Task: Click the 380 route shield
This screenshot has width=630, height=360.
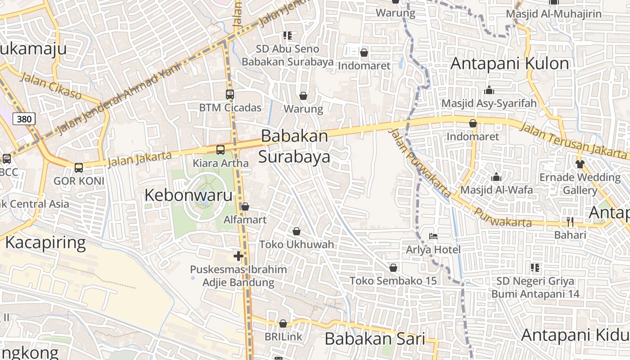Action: (24, 119)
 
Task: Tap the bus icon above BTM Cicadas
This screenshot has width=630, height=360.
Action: (230, 94)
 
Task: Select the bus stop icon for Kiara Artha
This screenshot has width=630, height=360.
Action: (220, 150)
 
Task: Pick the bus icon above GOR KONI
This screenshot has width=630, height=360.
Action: (79, 168)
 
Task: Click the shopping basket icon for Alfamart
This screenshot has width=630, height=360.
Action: (245, 207)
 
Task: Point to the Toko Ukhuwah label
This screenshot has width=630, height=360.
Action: (297, 244)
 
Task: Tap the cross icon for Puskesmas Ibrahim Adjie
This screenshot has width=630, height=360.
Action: (238, 256)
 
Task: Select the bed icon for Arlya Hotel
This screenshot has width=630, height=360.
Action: (433, 236)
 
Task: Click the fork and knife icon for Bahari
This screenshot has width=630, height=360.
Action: (570, 222)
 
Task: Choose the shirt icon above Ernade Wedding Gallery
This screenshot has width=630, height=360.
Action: (580, 164)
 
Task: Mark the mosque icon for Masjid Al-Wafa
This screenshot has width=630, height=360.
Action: (496, 177)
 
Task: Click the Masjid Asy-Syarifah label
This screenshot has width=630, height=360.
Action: (489, 103)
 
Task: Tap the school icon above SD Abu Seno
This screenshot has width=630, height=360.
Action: (288, 36)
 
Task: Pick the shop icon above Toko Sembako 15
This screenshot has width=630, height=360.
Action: (393, 268)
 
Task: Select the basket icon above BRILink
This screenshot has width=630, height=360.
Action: (283, 324)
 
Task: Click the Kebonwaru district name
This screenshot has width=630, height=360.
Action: (189, 195)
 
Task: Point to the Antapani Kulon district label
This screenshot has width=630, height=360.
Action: (510, 63)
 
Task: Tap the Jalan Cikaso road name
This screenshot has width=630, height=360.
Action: (51, 86)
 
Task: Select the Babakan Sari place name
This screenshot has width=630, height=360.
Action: (375, 339)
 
